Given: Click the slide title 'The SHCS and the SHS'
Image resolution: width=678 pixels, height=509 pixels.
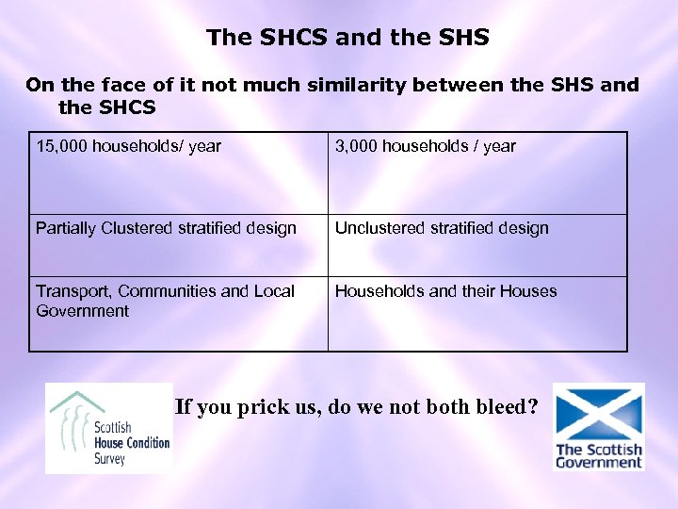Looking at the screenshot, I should coord(347,38).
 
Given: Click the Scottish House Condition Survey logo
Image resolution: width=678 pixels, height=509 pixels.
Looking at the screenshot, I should coord(109,429).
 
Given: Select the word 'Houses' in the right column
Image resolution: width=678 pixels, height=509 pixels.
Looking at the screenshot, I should coord(528,291).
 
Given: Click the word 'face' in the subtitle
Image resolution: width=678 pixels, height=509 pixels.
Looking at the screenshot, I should coord(121,86).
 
